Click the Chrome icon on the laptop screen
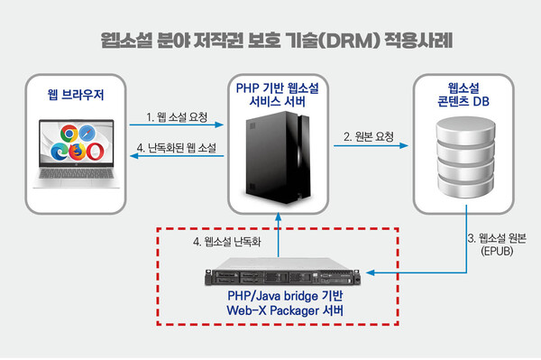[63, 136]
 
